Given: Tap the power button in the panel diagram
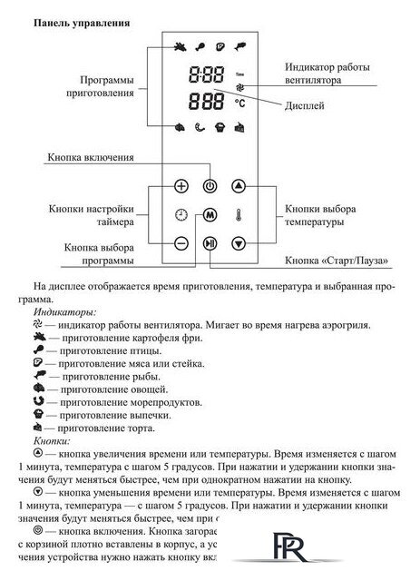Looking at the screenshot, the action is click(210, 185).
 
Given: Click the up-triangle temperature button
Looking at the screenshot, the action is click(239, 185).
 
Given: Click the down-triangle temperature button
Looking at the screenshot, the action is click(239, 243).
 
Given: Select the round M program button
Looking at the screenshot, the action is click(210, 215).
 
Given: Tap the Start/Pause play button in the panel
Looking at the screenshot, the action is click(210, 243).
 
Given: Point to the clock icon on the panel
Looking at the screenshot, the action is click(181, 215).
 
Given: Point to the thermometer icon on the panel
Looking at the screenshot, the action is click(239, 215).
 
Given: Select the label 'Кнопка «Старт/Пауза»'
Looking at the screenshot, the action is click(337, 261).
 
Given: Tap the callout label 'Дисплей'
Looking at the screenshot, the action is click(328, 105).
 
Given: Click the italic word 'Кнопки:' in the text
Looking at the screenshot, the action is click(49, 438).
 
